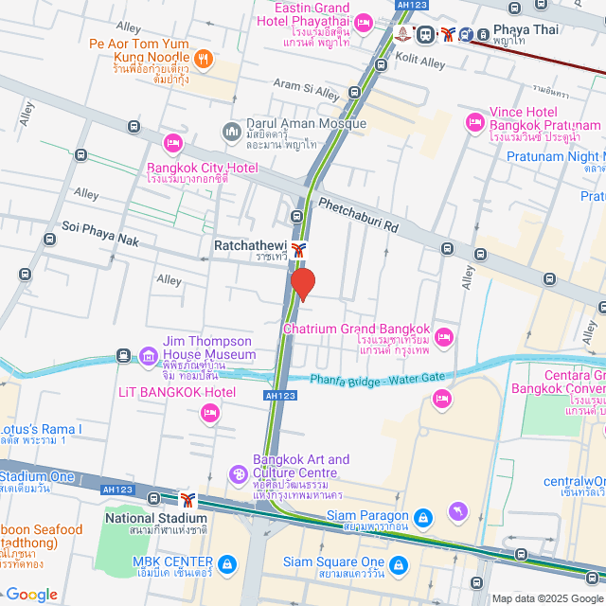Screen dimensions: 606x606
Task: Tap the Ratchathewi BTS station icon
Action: pyautogui.click(x=299, y=250)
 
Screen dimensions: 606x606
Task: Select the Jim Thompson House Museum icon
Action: pyautogui.click(x=148, y=356)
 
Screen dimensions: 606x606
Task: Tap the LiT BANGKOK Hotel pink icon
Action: pyautogui.click(x=210, y=412)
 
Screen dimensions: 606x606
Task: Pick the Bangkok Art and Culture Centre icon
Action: pyautogui.click(x=239, y=472)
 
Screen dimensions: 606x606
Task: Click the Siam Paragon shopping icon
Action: pyautogui.click(x=423, y=517)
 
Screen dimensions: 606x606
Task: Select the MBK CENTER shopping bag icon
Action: pyautogui.click(x=226, y=565)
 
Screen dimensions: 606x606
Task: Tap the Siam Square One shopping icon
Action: pyautogui.click(x=399, y=565)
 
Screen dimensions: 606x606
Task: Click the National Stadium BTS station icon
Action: pyautogui.click(x=187, y=500)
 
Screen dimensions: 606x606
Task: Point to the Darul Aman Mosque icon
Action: pyautogui.click(x=231, y=130)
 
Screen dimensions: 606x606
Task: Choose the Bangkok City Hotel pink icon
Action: pyautogui.click(x=172, y=143)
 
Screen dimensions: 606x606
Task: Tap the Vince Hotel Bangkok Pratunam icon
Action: pyautogui.click(x=474, y=122)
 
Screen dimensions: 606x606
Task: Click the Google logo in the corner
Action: pyautogui.click(x=31, y=594)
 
